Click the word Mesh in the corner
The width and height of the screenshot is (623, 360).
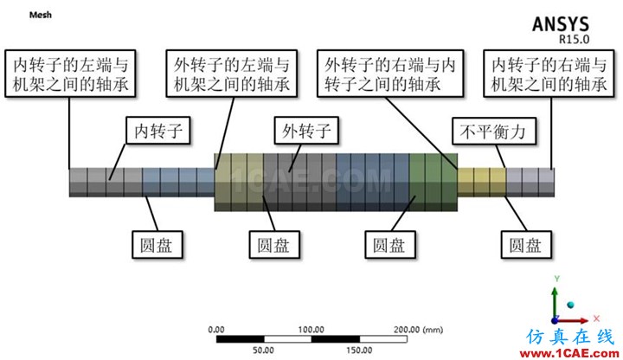pyautogui.click(x=40, y=15)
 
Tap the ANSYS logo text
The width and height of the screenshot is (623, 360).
pyautogui.click(x=560, y=24)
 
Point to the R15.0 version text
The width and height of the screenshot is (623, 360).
pyautogui.click(x=575, y=39)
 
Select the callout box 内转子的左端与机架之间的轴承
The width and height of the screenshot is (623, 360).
pyautogui.click(x=70, y=74)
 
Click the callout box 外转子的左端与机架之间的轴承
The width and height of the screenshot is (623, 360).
pyautogui.click(x=232, y=74)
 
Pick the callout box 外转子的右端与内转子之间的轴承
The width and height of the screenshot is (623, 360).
pyautogui.click(x=390, y=74)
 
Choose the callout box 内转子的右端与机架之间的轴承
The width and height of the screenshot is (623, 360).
pyautogui.click(x=549, y=74)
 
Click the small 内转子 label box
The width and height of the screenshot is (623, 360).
pyautogui.click(x=158, y=131)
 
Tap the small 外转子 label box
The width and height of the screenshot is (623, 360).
pyautogui.click(x=306, y=131)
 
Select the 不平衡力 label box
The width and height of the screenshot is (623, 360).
pyautogui.click(x=494, y=131)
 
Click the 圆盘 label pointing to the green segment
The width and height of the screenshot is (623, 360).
pyautogui.click(x=390, y=245)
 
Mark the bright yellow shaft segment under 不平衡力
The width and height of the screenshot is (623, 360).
pyautogui.click(x=482, y=183)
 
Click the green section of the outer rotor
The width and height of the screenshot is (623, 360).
pyautogui.click(x=434, y=183)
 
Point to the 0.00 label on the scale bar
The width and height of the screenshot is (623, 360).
pyautogui.click(x=216, y=330)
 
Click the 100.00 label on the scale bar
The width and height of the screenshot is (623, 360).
pyautogui.click(x=311, y=330)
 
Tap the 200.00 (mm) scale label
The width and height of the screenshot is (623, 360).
pyautogui.click(x=419, y=330)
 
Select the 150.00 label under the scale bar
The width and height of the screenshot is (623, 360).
pyautogui.click(x=359, y=350)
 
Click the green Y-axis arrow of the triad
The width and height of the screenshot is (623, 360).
pyautogui.click(x=555, y=303)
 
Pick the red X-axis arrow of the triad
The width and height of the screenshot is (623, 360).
pyautogui.click(x=572, y=320)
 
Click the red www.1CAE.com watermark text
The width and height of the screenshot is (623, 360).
pyautogui.click(x=569, y=353)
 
